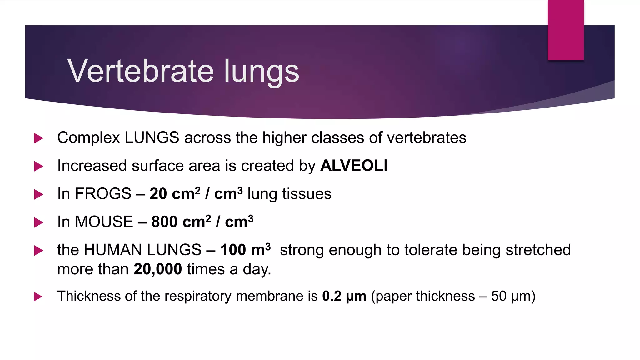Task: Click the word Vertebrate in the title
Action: click(x=141, y=71)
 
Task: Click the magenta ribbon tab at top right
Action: click(x=566, y=30)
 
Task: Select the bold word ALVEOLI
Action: click(x=354, y=166)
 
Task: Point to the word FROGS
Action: click(x=103, y=194)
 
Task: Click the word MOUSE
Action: click(x=104, y=222)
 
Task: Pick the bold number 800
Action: click(x=165, y=222)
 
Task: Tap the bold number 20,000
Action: click(x=158, y=269)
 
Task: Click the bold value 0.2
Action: click(x=332, y=296)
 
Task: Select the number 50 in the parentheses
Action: click(x=499, y=296)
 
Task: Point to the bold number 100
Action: click(x=233, y=250)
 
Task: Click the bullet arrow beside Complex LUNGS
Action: click(x=38, y=138)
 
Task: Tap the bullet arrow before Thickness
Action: click(x=38, y=297)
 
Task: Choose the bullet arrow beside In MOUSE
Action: click(x=38, y=222)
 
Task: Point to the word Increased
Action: click(x=92, y=166)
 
